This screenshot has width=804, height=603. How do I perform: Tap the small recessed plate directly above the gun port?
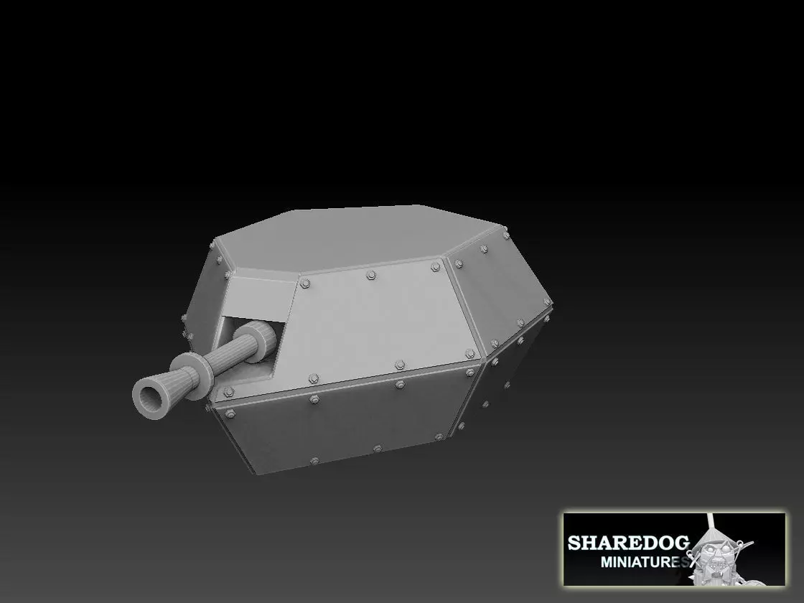pos(258,296)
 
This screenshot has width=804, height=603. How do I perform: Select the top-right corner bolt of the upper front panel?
pos(435,267)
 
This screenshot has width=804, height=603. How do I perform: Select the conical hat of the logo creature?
pos(718,535)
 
